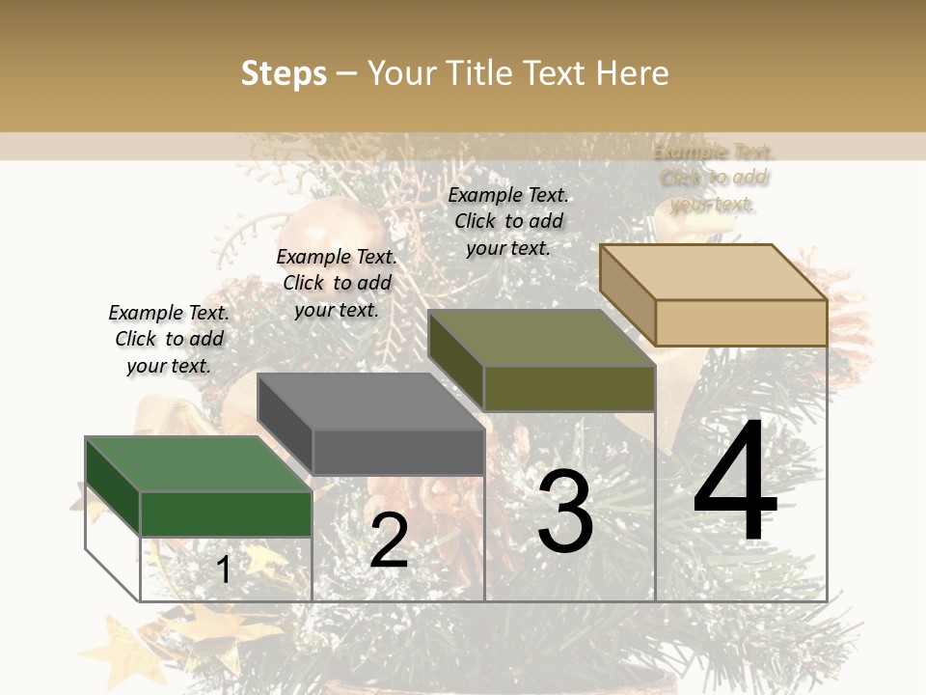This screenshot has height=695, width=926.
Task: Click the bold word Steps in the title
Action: [284, 73]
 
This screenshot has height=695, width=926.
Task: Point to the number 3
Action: [565, 513]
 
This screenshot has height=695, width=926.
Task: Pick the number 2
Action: [389, 541]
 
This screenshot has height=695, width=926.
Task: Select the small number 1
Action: [224, 570]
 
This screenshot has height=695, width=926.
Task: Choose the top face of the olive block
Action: [541, 339]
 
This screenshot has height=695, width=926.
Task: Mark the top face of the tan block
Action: [713, 272]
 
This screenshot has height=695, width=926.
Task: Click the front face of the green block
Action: [226, 514]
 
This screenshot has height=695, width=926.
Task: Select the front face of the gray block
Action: [397, 452]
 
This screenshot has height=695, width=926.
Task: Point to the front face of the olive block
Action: [569, 389]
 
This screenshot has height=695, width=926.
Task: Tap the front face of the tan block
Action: [741, 322]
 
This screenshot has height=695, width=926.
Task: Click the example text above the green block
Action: [169, 339]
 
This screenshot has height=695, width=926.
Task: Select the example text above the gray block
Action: [337, 283]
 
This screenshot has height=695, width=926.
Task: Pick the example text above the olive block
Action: [508, 221]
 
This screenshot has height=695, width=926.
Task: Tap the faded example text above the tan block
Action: [713, 178]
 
